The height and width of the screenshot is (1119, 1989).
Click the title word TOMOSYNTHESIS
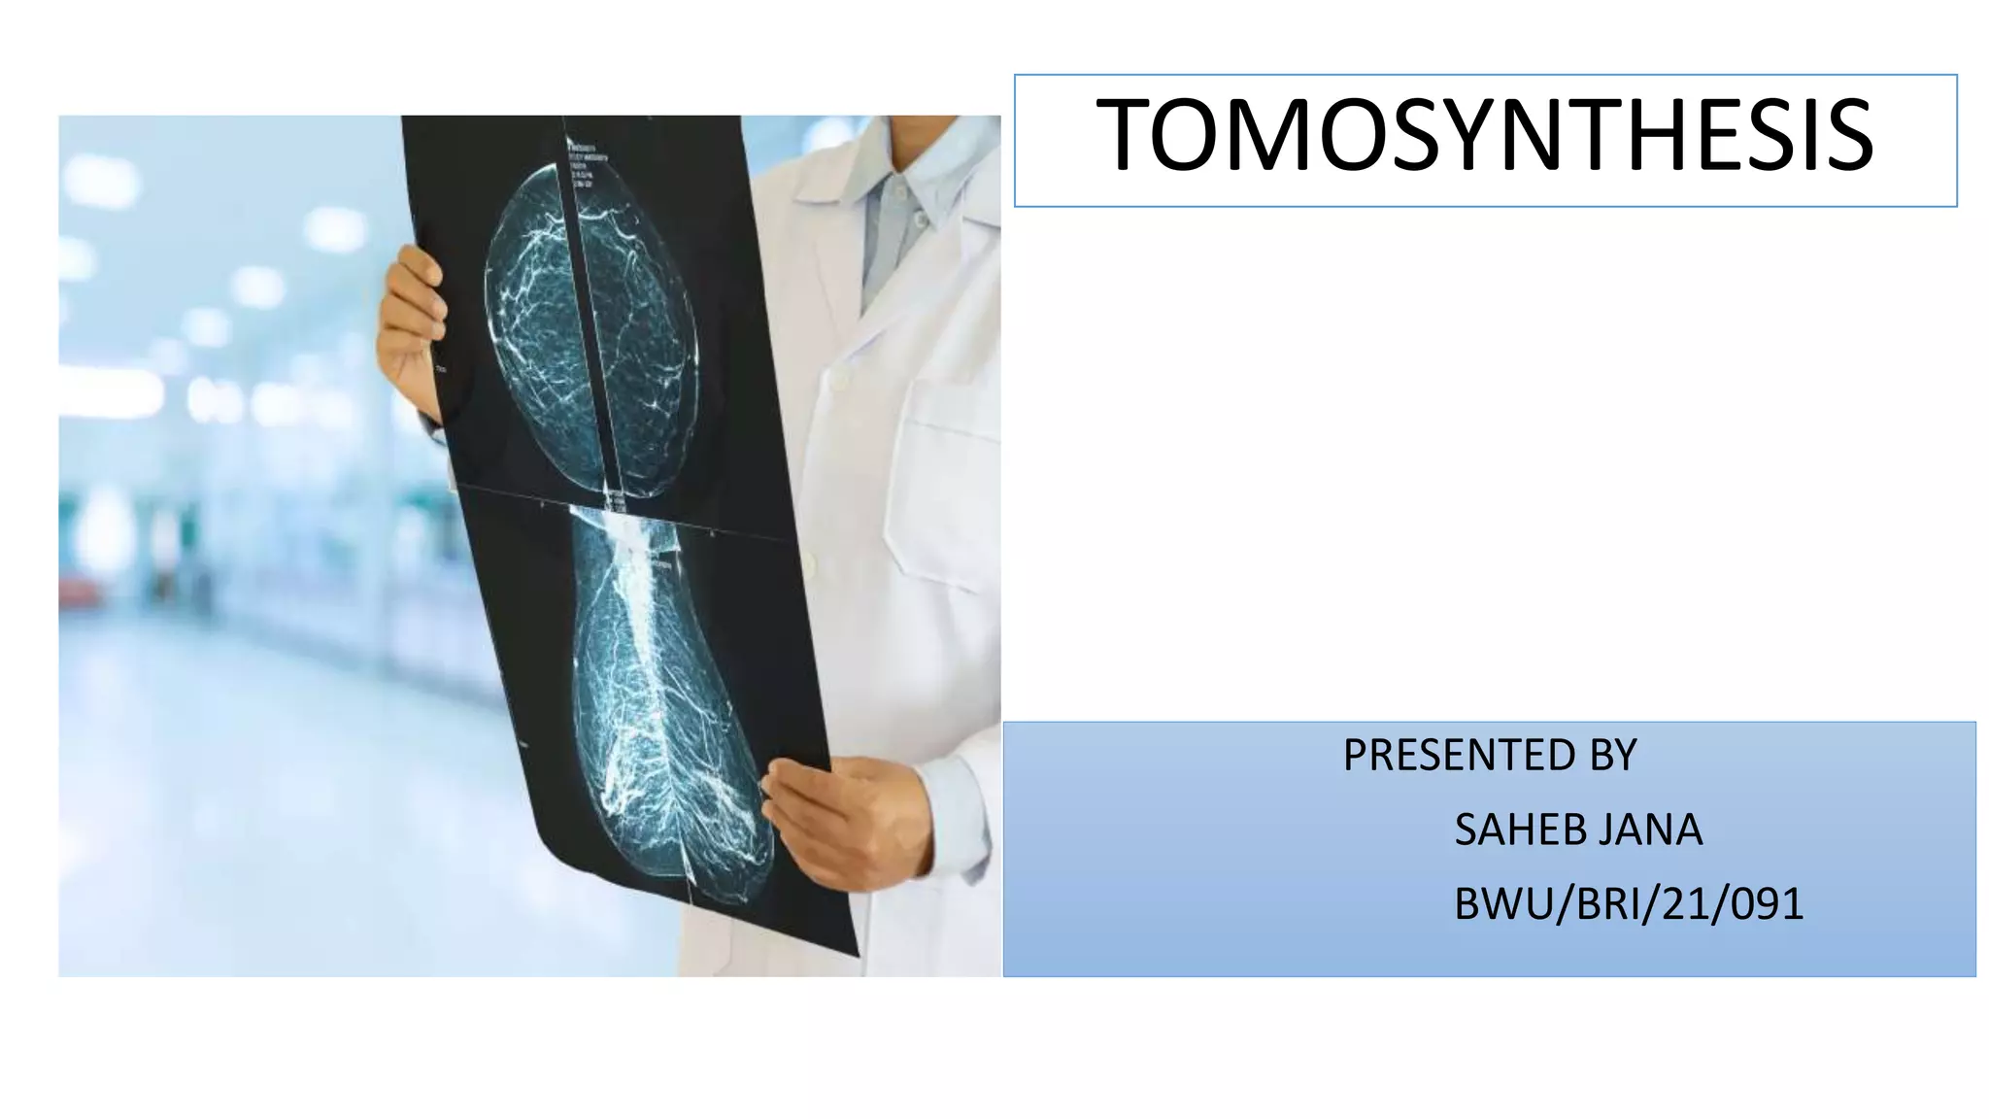click(x=1484, y=136)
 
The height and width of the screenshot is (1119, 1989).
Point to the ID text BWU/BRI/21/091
click(x=1628, y=904)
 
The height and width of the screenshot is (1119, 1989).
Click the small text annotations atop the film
click(x=588, y=160)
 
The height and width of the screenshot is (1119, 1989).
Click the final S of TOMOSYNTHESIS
click(x=1848, y=136)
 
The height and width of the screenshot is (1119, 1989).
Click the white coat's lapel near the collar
click(x=835, y=243)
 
